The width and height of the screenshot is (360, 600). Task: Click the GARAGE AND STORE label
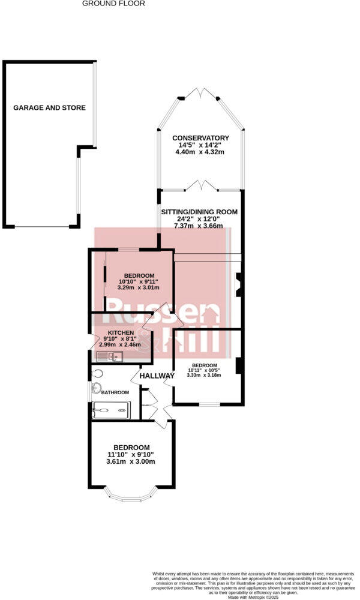(x=50, y=108)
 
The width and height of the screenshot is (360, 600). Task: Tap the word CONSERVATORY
(x=200, y=137)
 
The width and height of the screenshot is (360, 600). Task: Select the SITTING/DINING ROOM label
(x=199, y=212)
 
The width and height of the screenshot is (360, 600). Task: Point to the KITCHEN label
(x=121, y=332)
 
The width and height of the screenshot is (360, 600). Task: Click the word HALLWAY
(x=157, y=376)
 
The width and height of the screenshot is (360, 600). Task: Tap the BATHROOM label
(x=115, y=392)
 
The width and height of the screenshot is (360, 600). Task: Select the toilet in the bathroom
(x=97, y=373)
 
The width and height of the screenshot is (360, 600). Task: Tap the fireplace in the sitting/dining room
(x=239, y=284)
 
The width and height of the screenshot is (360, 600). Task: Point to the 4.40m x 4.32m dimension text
(x=200, y=152)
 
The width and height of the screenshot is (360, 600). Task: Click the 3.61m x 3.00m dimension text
(x=131, y=461)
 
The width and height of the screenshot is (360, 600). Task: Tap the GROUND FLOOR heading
(x=113, y=4)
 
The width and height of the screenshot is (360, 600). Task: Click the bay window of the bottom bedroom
(x=131, y=496)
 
